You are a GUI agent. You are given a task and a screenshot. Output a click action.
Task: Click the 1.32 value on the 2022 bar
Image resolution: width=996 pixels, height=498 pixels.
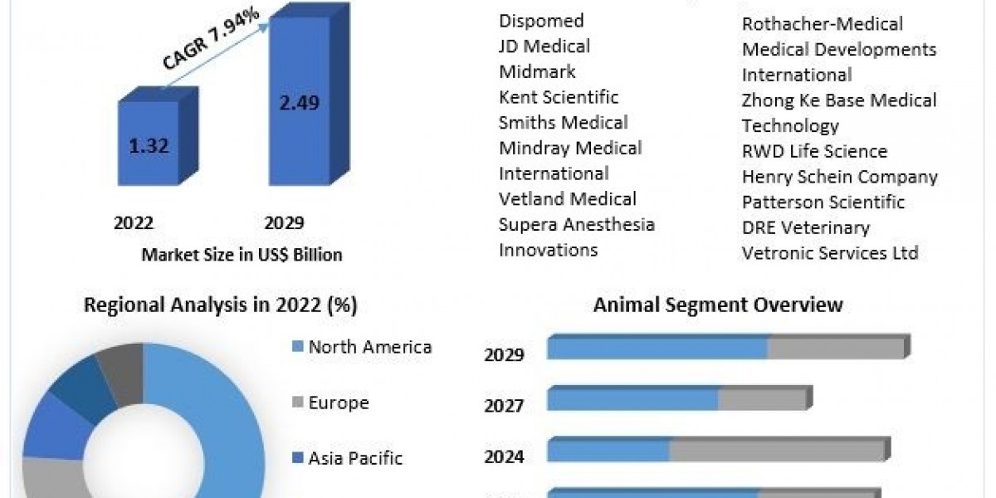click(149, 147)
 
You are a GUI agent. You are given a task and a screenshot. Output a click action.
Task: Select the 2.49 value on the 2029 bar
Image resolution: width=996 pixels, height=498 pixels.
click(300, 103)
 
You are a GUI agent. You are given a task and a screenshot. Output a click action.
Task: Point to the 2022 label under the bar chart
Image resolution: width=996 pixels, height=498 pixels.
click(134, 222)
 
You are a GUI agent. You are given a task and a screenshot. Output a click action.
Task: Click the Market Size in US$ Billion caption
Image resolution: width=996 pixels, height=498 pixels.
click(242, 255)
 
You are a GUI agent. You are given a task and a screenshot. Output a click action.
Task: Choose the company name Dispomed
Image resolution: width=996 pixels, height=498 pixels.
click(541, 21)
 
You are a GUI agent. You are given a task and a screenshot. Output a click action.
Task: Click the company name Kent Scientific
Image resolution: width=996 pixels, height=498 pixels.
click(559, 97)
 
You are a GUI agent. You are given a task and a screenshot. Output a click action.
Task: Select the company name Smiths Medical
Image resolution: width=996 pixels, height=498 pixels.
click(563, 123)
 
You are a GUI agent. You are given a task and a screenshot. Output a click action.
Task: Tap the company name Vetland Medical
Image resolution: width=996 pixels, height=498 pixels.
click(568, 199)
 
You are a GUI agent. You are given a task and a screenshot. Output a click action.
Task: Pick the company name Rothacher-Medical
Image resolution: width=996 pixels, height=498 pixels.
click(822, 24)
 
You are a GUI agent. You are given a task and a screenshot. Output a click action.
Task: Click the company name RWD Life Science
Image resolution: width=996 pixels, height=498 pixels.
click(814, 151)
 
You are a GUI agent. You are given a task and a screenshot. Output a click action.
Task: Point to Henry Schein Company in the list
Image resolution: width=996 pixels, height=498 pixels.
click(839, 177)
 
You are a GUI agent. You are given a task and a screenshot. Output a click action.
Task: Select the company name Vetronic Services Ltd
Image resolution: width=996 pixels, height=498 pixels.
click(830, 253)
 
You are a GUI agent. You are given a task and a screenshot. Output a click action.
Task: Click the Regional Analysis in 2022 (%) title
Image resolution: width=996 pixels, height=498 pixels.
click(220, 305)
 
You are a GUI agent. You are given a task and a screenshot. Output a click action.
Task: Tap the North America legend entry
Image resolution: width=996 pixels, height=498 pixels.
click(369, 347)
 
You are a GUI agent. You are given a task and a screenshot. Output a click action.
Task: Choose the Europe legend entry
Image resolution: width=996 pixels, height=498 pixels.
click(338, 403)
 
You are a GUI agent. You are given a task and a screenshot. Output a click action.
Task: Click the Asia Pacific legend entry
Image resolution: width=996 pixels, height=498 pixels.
click(354, 457)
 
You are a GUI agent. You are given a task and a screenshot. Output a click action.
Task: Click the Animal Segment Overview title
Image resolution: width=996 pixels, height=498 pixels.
click(718, 305)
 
